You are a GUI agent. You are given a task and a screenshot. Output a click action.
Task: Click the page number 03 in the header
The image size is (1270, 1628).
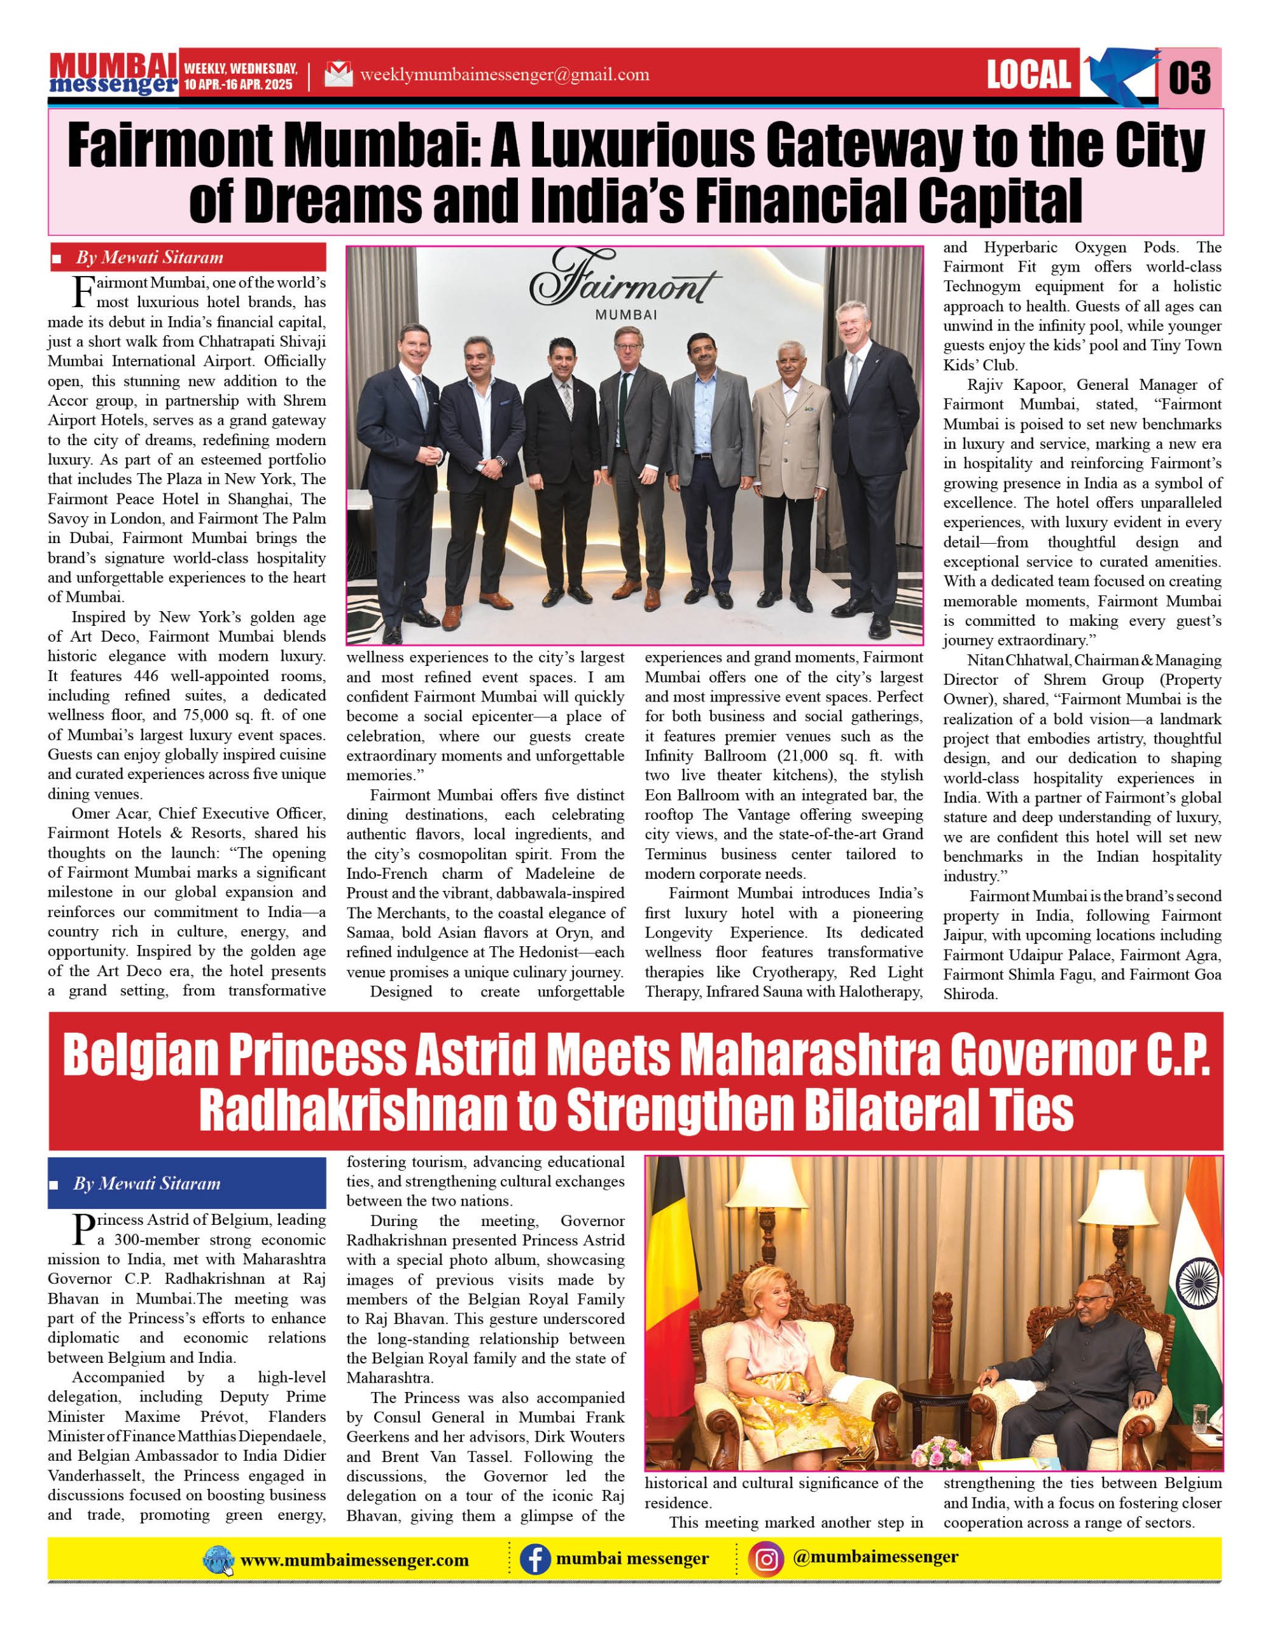pyautogui.click(x=1189, y=77)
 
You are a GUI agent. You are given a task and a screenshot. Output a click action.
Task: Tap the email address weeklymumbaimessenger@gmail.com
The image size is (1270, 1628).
pyautogui.click(x=504, y=74)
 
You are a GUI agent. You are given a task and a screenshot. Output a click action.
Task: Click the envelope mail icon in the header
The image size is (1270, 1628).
pyautogui.click(x=338, y=74)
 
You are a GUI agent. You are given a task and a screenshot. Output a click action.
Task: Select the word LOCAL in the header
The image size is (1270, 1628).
pyautogui.click(x=1028, y=74)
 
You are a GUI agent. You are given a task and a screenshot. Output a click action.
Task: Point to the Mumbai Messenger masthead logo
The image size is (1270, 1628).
pyautogui.click(x=113, y=73)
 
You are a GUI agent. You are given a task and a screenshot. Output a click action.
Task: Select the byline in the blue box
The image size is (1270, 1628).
pyautogui.click(x=147, y=1183)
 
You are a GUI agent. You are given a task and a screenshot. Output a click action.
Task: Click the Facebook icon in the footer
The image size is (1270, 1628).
pyautogui.click(x=534, y=1560)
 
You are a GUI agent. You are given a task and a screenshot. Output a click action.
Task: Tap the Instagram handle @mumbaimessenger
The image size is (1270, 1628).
pyautogui.click(x=876, y=1557)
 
